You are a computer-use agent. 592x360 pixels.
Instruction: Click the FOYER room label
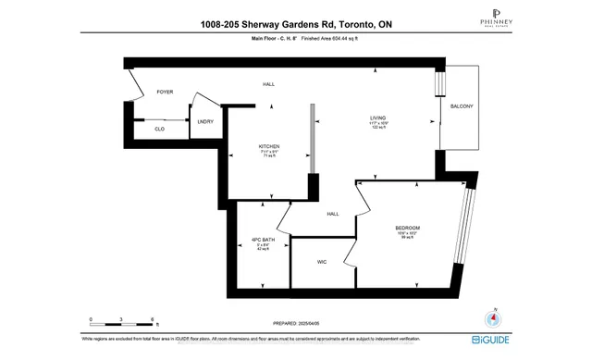coord(165,93)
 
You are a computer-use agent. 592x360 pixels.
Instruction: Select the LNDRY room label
coord(205,121)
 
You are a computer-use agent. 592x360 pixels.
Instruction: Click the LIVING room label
coord(377,118)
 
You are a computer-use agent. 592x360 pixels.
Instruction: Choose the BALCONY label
coord(462,107)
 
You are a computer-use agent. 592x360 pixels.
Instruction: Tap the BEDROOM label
coord(407,228)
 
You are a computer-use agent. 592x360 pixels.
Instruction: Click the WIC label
coord(322,262)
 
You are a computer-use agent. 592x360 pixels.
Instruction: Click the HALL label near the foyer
coord(268,84)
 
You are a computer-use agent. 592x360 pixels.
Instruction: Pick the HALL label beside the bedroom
coord(332,214)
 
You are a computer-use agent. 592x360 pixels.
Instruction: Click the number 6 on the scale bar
coord(152,319)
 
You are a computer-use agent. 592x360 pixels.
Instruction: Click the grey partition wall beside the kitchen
coord(313,138)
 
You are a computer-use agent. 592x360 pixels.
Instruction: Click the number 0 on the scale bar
coord(91,319)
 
